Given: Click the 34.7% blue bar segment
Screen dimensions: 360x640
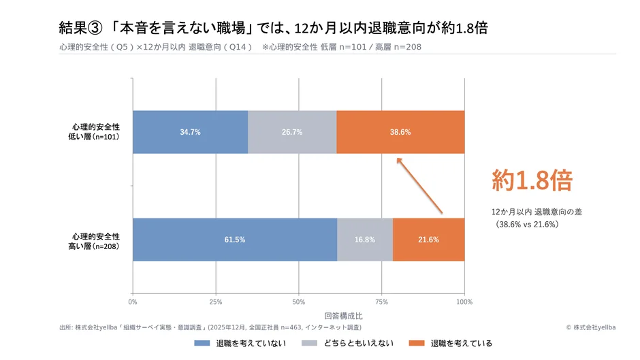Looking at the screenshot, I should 190,132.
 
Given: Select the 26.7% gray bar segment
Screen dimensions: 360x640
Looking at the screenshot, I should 292,132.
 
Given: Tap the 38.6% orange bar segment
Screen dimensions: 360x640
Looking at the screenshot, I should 400,132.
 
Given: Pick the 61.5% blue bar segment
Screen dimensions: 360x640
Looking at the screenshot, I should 234,240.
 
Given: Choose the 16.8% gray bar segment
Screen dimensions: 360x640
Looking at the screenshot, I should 365,240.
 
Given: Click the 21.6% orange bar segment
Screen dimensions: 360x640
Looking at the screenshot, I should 428,240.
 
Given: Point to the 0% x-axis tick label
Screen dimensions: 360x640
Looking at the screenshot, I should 133,301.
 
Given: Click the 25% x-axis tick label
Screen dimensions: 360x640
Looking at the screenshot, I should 216,301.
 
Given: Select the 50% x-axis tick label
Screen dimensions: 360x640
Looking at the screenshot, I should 298,301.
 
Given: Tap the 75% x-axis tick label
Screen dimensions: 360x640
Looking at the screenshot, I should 381,301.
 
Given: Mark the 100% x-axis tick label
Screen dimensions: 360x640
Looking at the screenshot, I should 464,301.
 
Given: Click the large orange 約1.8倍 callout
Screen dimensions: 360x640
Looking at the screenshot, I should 532,180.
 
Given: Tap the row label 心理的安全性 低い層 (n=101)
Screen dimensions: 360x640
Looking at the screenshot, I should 97,132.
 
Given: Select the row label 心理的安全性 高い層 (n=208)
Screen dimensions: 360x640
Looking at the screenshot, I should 97,240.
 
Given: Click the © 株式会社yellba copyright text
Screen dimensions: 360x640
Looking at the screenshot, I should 590,327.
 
